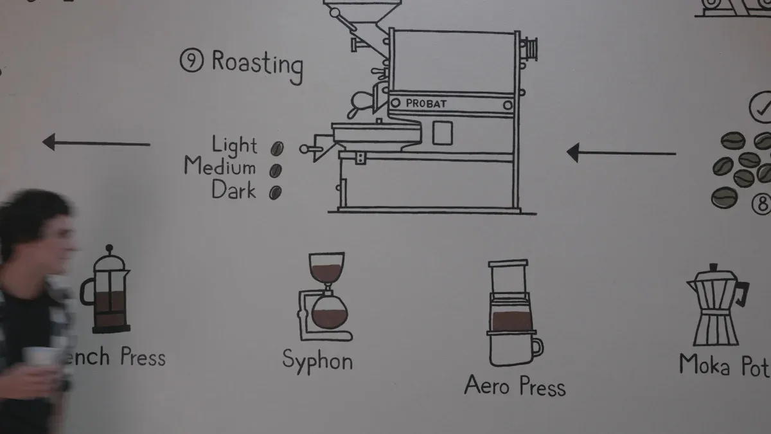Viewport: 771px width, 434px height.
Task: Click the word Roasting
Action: pos(257,64)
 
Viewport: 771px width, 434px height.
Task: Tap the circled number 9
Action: pos(191,61)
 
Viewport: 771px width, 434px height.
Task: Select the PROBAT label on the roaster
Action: pos(426,103)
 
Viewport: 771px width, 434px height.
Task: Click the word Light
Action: pos(235,146)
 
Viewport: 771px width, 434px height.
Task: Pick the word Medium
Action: pos(220,168)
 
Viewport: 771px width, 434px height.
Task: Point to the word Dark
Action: pos(234,190)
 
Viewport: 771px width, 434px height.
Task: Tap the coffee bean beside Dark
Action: pos(275,192)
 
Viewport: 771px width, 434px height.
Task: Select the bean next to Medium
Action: pos(276,170)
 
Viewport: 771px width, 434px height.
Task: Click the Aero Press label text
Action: pos(515,386)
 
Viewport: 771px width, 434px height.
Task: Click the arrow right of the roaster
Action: pos(621,153)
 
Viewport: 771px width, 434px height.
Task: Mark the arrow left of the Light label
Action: pos(96,143)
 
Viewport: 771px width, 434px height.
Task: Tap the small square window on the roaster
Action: pos(442,133)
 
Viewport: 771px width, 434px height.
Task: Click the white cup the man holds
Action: pos(40,357)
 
